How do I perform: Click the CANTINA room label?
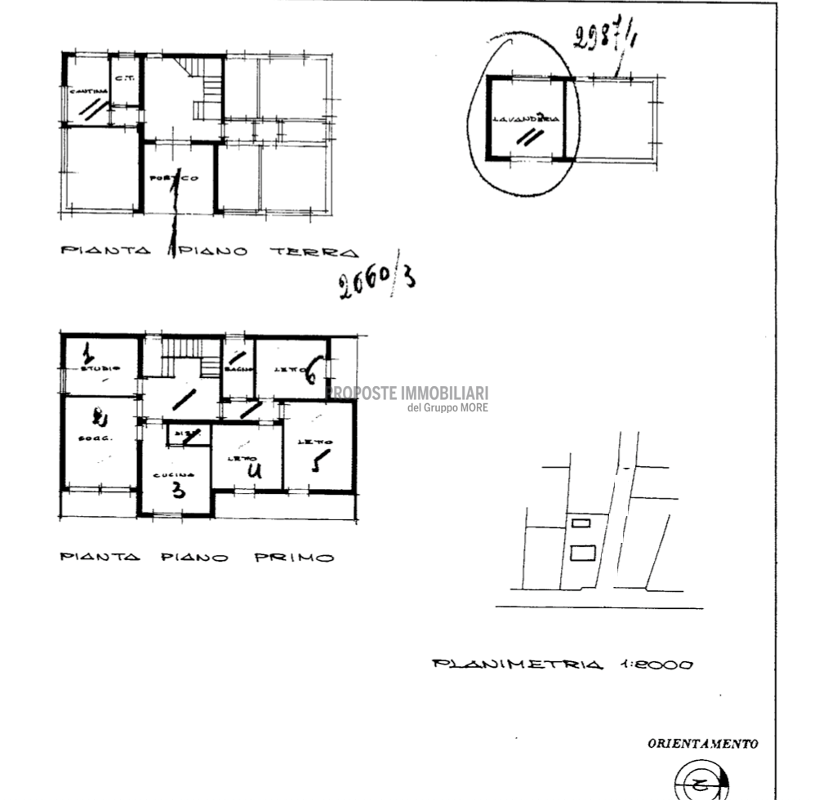click(x=83, y=91)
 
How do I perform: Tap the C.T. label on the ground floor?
click(x=124, y=79)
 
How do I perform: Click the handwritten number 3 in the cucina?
click(x=178, y=491)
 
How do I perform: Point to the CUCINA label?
click(x=174, y=474)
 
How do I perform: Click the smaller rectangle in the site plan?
click(x=580, y=522)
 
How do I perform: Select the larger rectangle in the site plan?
click(x=582, y=553)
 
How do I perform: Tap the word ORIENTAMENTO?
click(x=702, y=744)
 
